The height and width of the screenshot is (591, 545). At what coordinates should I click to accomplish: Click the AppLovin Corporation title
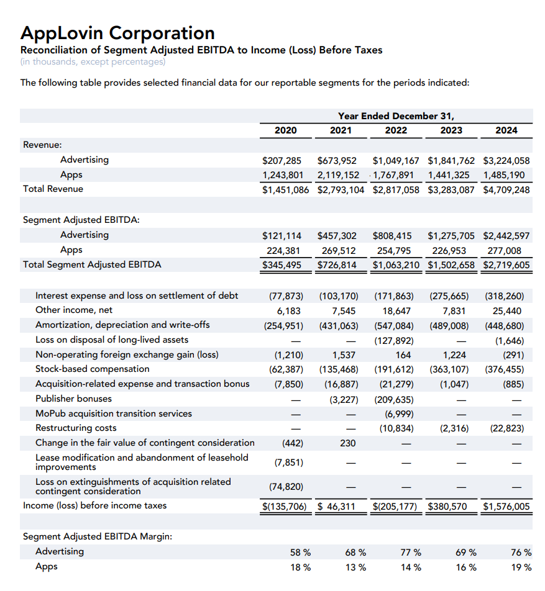tap(117, 32)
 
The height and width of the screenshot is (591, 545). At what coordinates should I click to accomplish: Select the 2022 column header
tap(396, 130)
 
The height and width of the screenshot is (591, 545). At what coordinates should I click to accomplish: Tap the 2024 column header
tap(506, 130)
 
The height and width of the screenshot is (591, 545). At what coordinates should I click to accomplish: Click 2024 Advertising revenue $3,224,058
tap(506, 160)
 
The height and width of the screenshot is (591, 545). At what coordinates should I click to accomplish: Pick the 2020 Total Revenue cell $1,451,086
tap(285, 189)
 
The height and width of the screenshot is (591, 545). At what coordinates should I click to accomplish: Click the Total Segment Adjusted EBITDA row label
tap(92, 265)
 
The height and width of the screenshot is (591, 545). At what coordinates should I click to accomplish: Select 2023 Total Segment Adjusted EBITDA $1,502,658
tap(451, 265)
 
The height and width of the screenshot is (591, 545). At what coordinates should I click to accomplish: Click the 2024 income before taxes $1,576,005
tap(506, 507)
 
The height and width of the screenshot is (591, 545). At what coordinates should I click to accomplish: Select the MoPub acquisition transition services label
tap(114, 413)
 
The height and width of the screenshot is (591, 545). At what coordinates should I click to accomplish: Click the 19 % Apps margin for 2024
tap(521, 567)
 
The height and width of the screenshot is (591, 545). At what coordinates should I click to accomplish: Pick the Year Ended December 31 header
tap(396, 115)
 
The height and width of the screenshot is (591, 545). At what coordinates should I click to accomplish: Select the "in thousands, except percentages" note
tap(93, 61)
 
